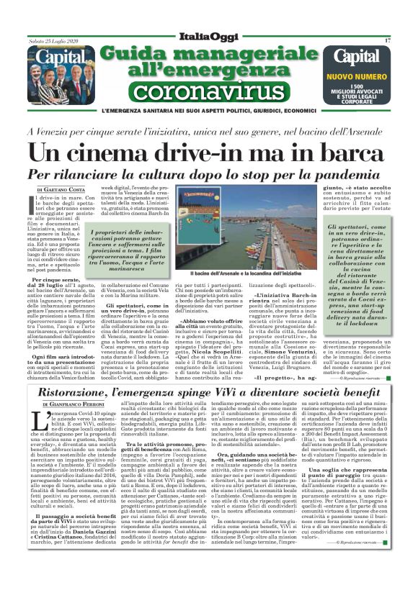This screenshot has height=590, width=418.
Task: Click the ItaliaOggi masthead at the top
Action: (x=209, y=36)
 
